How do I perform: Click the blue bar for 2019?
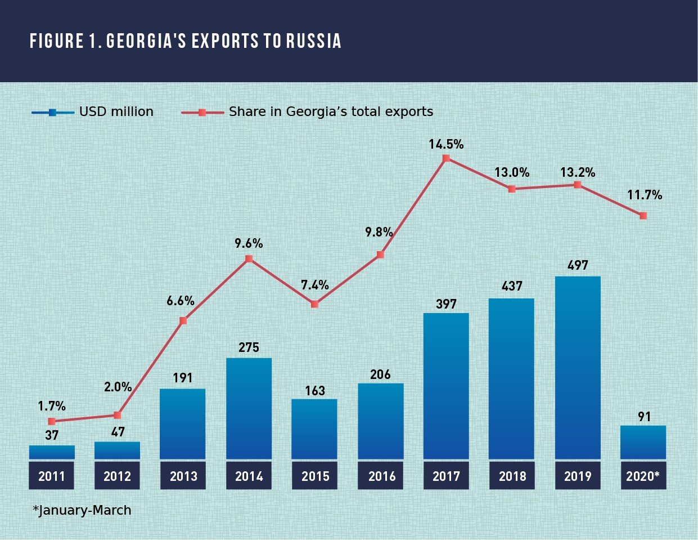(578, 368)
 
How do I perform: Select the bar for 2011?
(52, 452)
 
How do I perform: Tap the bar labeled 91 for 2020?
(643, 442)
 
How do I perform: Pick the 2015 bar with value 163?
(314, 429)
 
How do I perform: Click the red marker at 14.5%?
(446, 158)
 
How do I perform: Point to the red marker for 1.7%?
(52, 421)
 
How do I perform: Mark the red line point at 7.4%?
(314, 304)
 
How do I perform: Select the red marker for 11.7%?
(643, 216)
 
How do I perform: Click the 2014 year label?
(249, 476)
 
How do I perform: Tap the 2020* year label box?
(643, 476)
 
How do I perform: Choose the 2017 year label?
(446, 476)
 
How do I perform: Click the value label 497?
(578, 265)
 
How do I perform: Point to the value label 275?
(249, 347)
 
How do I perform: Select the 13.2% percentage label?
(578, 172)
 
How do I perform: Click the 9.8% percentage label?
(379, 232)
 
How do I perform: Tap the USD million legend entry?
(93, 112)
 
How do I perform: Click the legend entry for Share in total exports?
(308, 112)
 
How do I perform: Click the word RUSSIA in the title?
(314, 41)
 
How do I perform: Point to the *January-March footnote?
(82, 510)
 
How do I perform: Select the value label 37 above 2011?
(52, 435)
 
